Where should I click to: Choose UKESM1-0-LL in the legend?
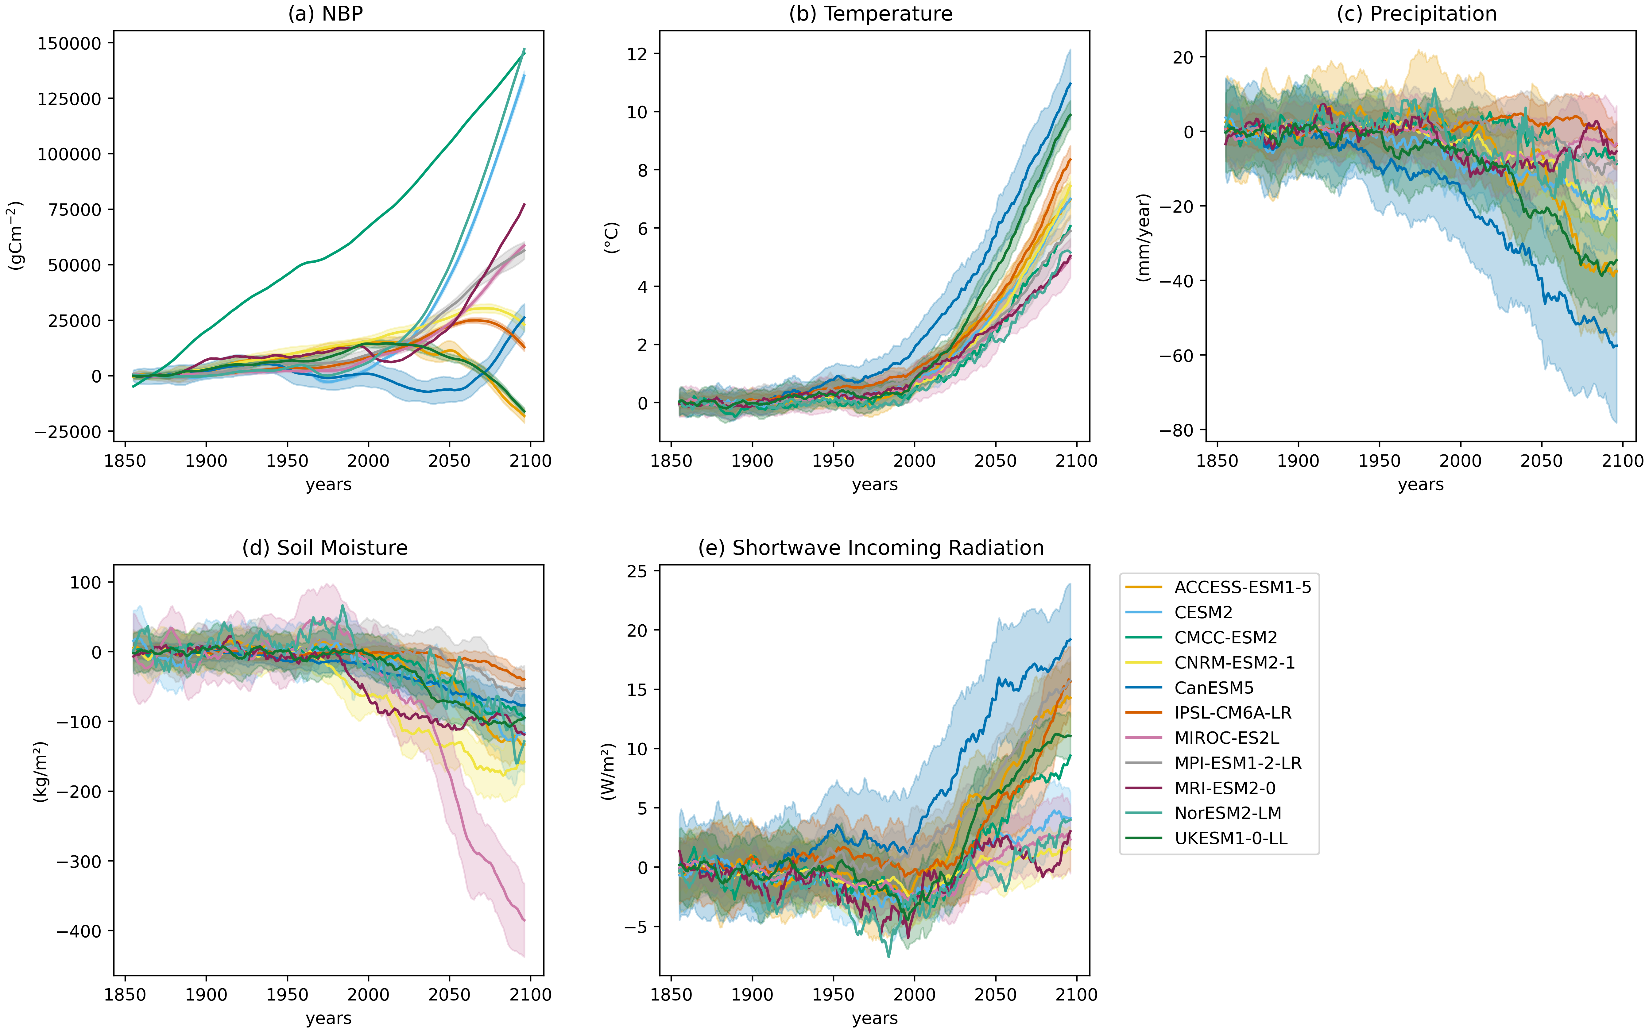[1230, 838]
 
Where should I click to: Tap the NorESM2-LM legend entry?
[1227, 813]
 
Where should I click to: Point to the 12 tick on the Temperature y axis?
[638, 54]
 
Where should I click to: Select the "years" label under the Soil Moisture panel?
[328, 1018]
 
